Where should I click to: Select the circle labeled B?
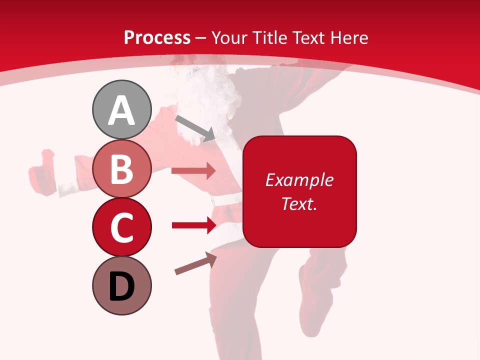pos(122,169)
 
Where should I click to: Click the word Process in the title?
pos(157,37)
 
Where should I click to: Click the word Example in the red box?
pos(299,180)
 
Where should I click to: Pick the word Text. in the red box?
pos(299,203)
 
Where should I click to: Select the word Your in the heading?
pos(230,37)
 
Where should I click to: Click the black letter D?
pos(122,287)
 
